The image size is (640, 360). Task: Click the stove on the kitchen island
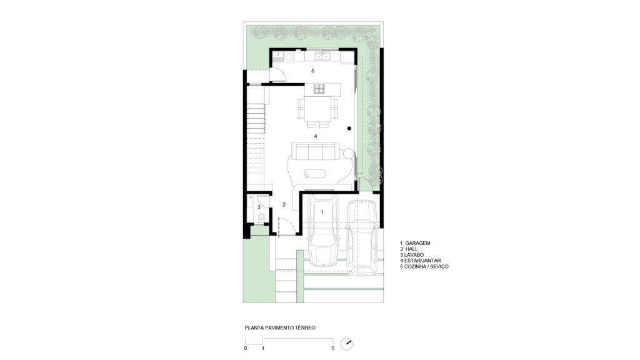click(x=319, y=88)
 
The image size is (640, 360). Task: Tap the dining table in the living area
click(x=317, y=109)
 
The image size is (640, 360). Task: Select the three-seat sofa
click(x=315, y=151)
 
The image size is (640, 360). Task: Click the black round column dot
click(x=349, y=129)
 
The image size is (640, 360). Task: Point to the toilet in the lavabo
click(x=261, y=216)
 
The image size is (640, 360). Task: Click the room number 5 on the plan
click(x=312, y=71)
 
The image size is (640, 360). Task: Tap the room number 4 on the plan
click(x=315, y=136)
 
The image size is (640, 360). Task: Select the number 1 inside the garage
click(x=322, y=212)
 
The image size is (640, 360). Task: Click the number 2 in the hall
click(x=284, y=204)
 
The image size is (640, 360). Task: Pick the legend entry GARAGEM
click(x=417, y=243)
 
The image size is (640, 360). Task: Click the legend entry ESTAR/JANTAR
click(x=422, y=261)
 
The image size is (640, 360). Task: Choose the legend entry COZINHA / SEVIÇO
click(x=426, y=266)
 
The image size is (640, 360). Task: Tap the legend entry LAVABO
click(x=414, y=255)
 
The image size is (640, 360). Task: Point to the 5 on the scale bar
click(x=333, y=348)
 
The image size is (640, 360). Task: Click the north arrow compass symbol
click(x=346, y=344)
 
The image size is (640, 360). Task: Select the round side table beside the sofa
click(x=348, y=154)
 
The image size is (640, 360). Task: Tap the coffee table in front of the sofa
click(x=315, y=174)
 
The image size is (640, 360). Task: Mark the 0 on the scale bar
click(x=245, y=348)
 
